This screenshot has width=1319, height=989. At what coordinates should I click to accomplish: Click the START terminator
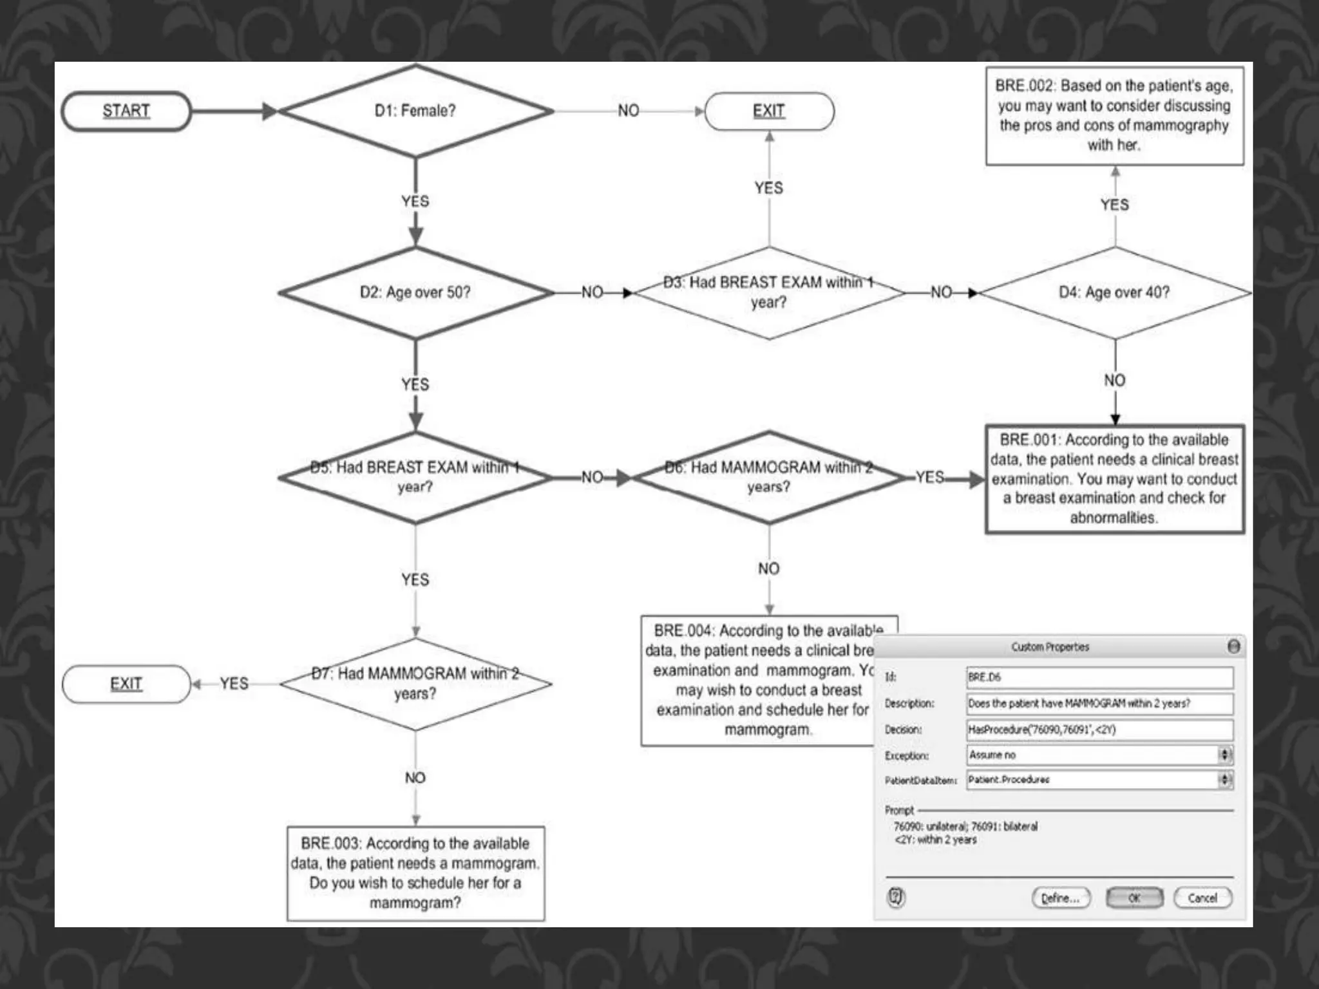pos(126,111)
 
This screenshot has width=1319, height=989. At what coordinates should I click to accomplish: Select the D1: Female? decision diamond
pos(415,111)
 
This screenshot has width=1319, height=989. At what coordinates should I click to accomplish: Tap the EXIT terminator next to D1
pos(769,111)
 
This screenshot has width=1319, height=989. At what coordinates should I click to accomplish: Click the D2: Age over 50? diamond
pos(415,292)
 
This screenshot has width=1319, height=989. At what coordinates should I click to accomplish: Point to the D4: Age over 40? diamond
pos(1114,292)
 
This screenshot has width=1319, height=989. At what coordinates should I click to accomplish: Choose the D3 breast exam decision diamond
pos(769,292)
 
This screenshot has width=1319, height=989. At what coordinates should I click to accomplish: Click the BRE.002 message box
pos(1114,116)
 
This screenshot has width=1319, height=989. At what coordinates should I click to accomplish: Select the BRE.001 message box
pos(1114,478)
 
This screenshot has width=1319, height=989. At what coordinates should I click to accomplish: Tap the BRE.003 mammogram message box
pos(415,873)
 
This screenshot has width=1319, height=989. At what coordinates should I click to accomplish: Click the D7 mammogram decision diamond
pos(415,683)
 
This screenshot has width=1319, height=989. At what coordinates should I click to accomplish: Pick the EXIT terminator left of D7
pos(126,684)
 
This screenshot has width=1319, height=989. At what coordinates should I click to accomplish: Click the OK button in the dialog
pos(1134,898)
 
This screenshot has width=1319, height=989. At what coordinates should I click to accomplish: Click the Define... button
pos(1061,898)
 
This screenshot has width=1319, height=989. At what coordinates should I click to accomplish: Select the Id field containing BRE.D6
pos(1099,677)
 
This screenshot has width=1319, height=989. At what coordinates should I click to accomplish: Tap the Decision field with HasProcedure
pos(1099,730)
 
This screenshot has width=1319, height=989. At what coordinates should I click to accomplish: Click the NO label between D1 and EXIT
pos(629,111)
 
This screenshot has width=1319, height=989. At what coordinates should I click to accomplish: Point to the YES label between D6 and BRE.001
pos(930,477)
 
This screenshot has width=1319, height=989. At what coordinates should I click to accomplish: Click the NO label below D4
pos(1115,381)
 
